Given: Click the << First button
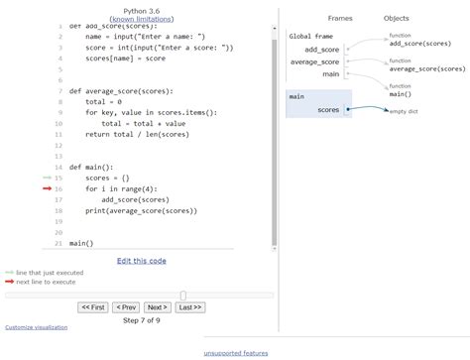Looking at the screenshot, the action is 92,307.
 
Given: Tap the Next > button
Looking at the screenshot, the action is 157,307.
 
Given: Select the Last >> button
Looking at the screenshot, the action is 190,307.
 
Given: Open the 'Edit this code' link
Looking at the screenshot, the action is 141,261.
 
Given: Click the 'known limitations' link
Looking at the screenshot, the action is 141,20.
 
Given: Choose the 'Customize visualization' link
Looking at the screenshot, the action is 37,327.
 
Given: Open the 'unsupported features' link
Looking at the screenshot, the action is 236,353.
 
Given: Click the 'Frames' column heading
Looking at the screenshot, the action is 341,19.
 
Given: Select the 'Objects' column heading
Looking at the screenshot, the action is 397,19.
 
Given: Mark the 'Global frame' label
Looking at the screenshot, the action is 310,37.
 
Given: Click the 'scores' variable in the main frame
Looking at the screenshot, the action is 328,110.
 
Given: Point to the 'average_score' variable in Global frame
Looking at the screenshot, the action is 315,61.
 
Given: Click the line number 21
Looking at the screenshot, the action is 59,243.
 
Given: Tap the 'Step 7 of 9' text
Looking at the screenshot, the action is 141,321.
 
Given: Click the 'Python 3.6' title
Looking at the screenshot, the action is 141,10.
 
